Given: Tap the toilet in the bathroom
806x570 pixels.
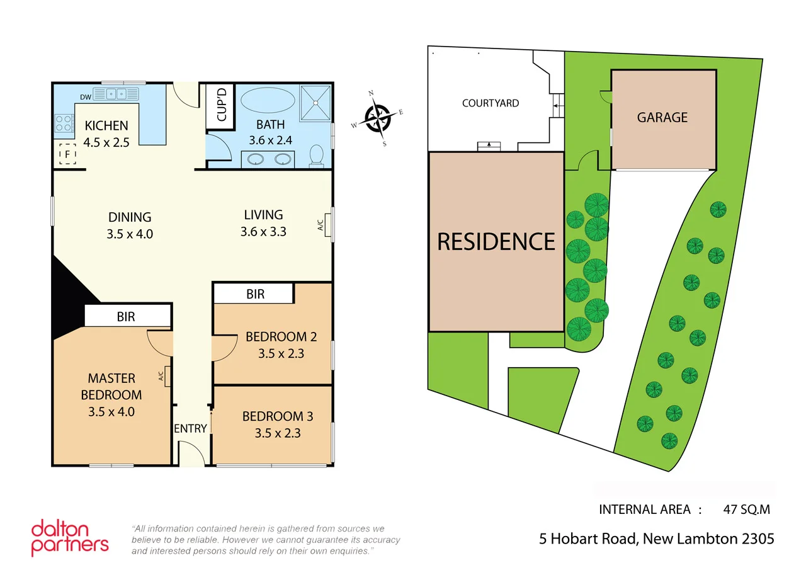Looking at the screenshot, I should pyautogui.click(x=317, y=155).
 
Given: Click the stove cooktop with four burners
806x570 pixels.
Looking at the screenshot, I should pyautogui.click(x=64, y=122).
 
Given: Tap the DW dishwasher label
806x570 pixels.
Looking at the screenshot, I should pyautogui.click(x=86, y=96).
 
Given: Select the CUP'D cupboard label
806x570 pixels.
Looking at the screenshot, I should pyautogui.click(x=221, y=106).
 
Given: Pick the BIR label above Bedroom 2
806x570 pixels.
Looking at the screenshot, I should pyautogui.click(x=255, y=294).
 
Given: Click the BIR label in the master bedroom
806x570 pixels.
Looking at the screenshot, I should pyautogui.click(x=126, y=317).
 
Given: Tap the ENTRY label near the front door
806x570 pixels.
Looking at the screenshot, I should pyautogui.click(x=190, y=429).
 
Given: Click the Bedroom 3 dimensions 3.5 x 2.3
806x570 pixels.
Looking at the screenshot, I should pyautogui.click(x=278, y=433).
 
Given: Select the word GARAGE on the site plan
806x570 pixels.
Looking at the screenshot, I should pyautogui.click(x=662, y=117).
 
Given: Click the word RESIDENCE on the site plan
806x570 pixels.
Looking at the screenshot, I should pyautogui.click(x=496, y=242).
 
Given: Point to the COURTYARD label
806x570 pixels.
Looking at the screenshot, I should pyautogui.click(x=491, y=103).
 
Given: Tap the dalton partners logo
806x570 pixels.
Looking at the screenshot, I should pyautogui.click(x=70, y=537).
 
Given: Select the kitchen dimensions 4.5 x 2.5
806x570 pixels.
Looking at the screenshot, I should pyautogui.click(x=107, y=142).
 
